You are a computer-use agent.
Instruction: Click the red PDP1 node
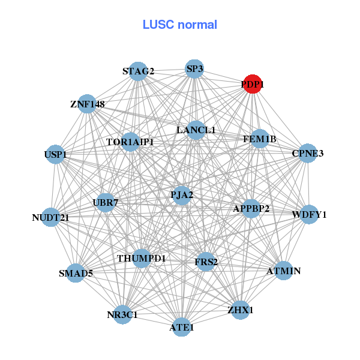253,85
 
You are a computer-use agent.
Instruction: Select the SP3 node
194,69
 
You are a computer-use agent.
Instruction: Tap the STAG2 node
139,71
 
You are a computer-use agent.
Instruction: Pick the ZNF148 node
88,104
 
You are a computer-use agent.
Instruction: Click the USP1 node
56,154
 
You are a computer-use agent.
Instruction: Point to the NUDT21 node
51,217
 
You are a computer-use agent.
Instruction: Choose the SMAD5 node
76,273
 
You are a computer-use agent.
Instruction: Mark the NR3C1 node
122,314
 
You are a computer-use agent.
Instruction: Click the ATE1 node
182,327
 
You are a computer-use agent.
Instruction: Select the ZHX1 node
240,310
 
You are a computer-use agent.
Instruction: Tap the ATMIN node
283,271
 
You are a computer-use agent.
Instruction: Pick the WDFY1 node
308,214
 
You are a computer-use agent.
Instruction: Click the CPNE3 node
307,154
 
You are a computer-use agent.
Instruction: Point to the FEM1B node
260,139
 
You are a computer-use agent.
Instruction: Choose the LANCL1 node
196,130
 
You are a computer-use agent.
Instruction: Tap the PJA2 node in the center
182,194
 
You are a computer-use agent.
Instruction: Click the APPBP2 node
251,208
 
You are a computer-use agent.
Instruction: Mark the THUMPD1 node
142,258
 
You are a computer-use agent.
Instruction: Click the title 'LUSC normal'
179,25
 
